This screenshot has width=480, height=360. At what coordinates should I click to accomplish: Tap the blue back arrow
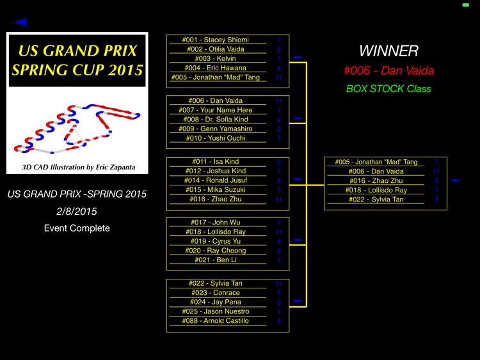[20, 22]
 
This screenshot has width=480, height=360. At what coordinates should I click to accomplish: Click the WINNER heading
[388, 51]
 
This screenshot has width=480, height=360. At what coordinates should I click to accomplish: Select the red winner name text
[388, 71]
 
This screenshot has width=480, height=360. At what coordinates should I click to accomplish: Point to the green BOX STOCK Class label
[388, 89]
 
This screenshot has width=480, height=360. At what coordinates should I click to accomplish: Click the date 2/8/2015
[77, 211]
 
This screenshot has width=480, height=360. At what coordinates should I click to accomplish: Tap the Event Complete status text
[77, 228]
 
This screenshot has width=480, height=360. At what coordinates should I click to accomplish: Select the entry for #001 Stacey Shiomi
[215, 40]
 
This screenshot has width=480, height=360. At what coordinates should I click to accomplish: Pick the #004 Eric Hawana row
[215, 68]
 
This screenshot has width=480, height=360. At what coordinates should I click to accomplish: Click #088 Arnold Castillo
[215, 321]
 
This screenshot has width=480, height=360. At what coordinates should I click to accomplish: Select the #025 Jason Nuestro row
[215, 311]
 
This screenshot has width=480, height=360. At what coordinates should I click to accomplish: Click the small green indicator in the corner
[465, 5]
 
